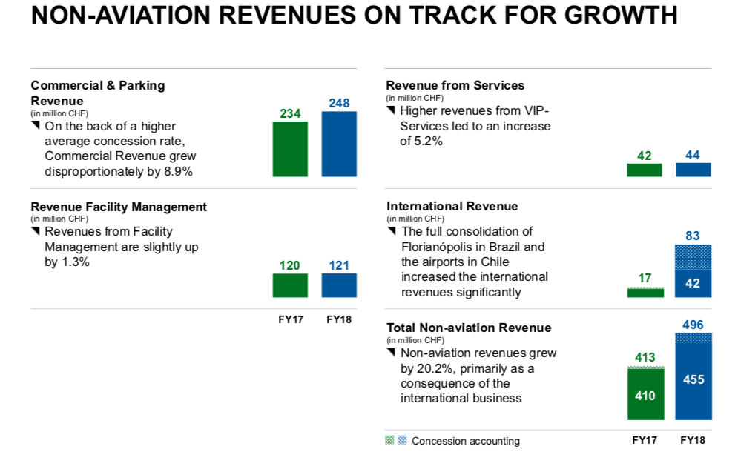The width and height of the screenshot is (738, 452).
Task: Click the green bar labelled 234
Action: (290, 149)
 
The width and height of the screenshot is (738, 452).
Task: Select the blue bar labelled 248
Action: (339, 144)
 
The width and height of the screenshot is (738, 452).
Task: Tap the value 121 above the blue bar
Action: (339, 266)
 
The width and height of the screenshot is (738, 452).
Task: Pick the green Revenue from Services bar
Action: (645, 170)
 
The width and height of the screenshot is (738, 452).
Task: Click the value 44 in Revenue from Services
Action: (693, 155)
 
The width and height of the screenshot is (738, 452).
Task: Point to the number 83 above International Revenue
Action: (693, 236)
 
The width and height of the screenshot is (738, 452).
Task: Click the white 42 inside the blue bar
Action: (693, 283)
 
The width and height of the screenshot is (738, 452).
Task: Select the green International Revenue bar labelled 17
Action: (645, 293)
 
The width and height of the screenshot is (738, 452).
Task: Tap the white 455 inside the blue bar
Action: (693, 379)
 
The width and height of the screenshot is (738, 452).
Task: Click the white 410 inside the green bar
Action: (645, 396)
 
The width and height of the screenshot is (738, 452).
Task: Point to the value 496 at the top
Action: (693, 325)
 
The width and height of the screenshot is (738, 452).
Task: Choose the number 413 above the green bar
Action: (645, 357)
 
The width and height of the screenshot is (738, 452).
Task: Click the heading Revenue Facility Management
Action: (119, 207)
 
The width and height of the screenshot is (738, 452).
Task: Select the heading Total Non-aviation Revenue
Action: (469, 328)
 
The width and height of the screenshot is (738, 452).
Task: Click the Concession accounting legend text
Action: (466, 441)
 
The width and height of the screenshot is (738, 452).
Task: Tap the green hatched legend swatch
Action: (389, 440)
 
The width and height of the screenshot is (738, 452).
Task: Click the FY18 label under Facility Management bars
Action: (339, 320)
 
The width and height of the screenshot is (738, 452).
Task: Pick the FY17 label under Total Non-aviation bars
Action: (645, 440)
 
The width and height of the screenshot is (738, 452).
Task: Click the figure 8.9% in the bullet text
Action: (179, 172)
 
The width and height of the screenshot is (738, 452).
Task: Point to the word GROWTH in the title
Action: (621, 15)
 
